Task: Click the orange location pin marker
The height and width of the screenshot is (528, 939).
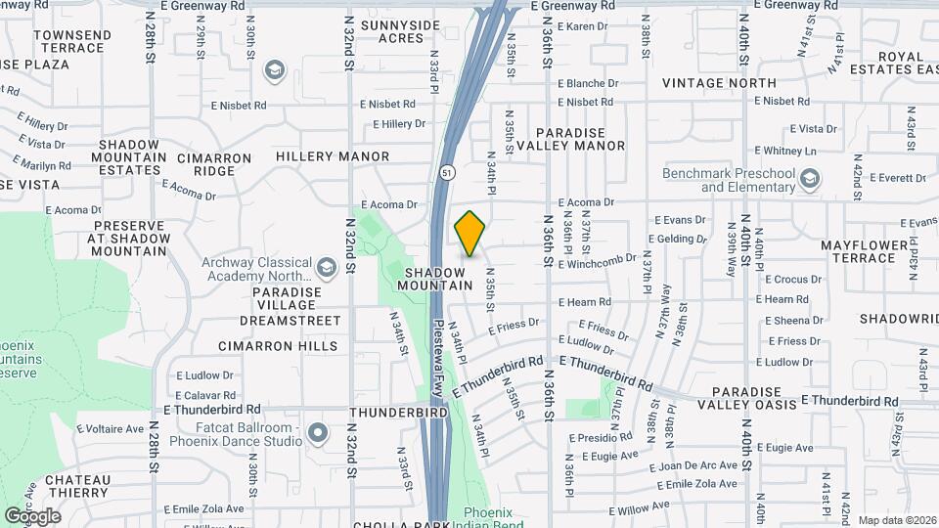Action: (470, 234)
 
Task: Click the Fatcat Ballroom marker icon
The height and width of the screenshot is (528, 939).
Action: (317, 432)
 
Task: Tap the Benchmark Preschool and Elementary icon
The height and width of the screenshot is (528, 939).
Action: (809, 178)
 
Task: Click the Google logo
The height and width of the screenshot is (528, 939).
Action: (32, 515)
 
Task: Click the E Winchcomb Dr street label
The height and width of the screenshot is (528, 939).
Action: (599, 260)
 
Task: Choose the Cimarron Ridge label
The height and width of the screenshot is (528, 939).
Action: (205, 164)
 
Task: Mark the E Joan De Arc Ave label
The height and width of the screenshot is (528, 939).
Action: (693, 467)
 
